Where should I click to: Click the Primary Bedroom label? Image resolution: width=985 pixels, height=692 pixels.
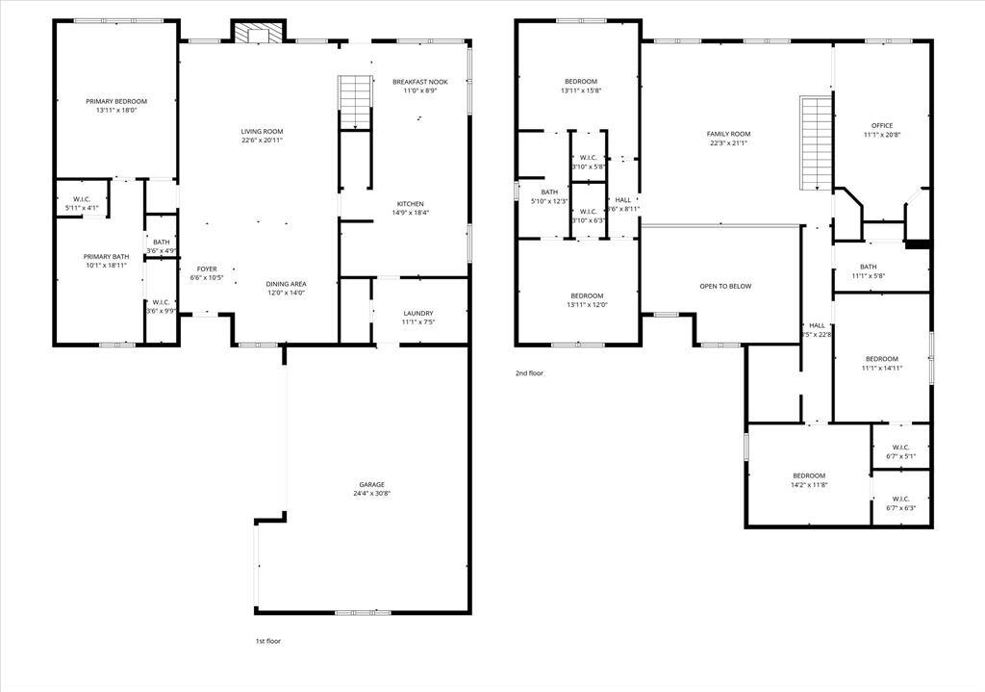(116, 101)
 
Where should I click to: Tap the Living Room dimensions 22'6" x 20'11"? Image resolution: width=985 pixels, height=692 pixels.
(262, 141)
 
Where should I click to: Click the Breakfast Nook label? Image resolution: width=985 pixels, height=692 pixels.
(419, 82)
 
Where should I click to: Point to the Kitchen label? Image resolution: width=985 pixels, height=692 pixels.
(411, 204)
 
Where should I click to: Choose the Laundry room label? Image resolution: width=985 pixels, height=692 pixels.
(417, 313)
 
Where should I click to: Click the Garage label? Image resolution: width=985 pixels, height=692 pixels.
(372, 484)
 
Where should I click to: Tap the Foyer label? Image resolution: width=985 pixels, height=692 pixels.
(207, 269)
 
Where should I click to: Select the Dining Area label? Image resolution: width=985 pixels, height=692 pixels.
(286, 284)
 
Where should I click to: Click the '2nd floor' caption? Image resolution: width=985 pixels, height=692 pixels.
(529, 372)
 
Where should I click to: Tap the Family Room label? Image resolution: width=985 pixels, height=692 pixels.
(728, 134)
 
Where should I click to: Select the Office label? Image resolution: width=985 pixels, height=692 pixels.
(882, 125)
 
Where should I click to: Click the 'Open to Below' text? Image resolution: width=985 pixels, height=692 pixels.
(725, 286)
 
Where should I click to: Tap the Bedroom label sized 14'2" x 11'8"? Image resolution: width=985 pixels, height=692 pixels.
(809, 475)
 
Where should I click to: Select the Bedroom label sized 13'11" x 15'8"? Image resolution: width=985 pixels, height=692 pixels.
(581, 81)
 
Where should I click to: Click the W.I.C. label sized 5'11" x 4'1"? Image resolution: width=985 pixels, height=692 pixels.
(82, 199)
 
